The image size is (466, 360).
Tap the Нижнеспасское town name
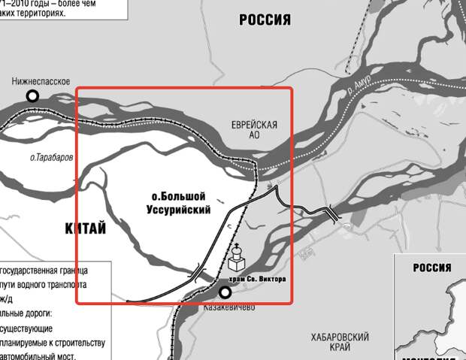point(41,81)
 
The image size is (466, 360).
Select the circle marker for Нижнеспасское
point(32,95)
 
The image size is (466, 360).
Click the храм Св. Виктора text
point(256,280)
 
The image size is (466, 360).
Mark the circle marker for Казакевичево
point(224,292)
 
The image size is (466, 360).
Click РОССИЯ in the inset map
point(431,268)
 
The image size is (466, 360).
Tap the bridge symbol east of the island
point(331,213)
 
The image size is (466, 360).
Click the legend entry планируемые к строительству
point(53,343)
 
